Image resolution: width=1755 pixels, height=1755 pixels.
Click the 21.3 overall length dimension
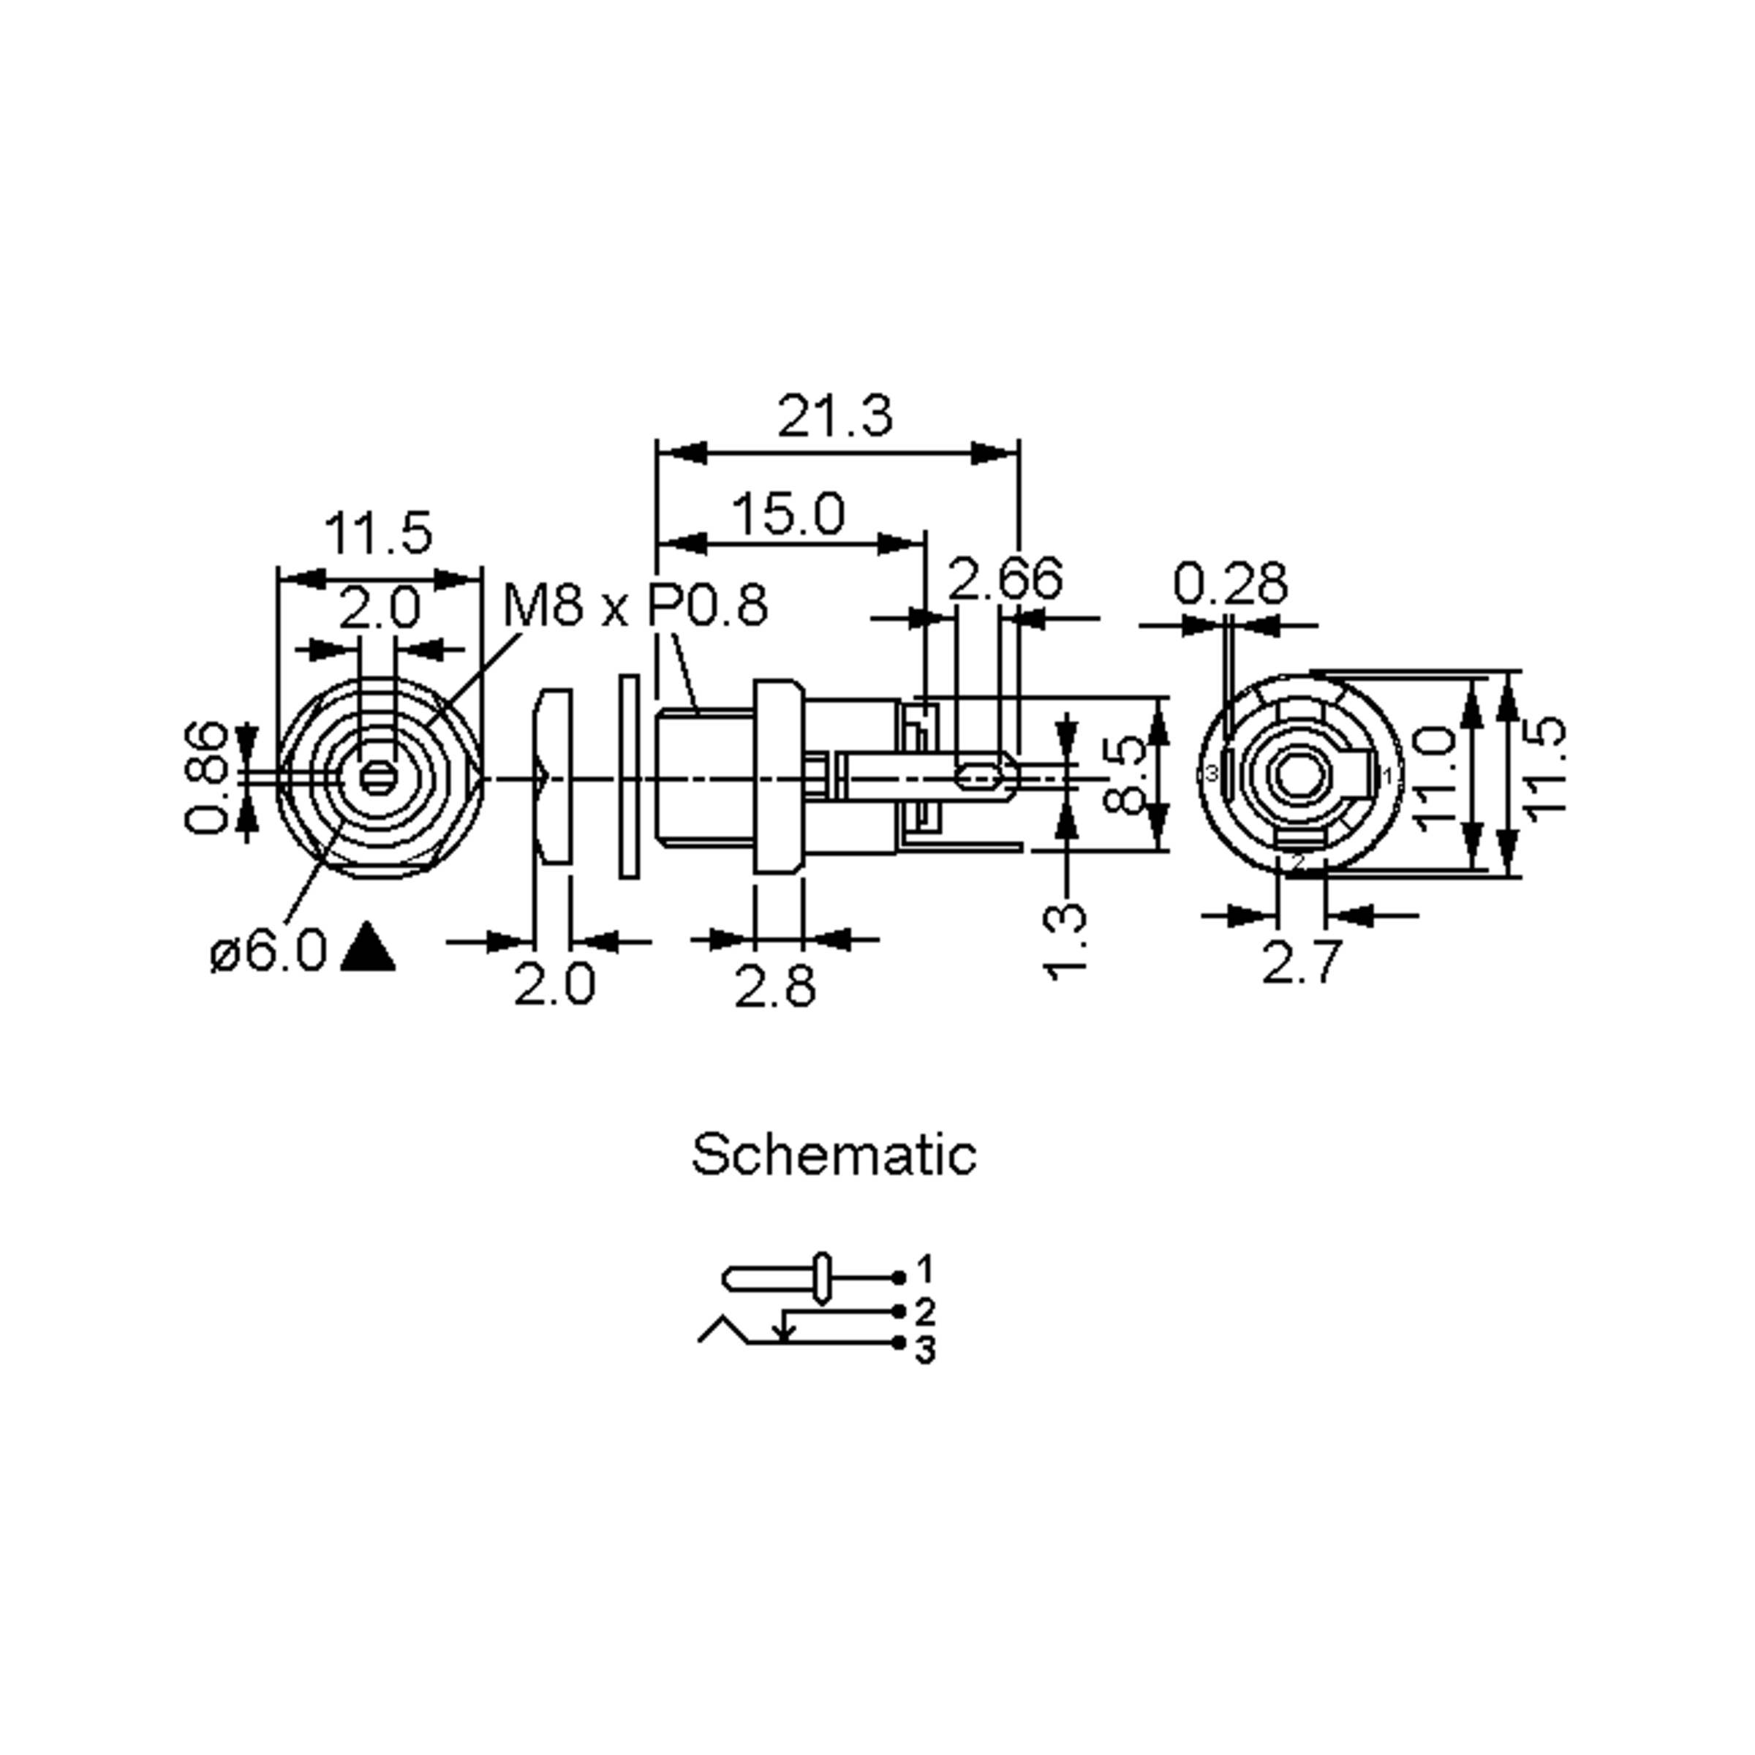(x=835, y=417)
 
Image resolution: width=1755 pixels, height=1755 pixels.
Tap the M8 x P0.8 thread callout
(x=635, y=605)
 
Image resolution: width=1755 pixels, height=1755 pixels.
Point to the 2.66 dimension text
(x=1005, y=578)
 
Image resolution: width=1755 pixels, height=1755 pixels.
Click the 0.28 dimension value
(x=1230, y=584)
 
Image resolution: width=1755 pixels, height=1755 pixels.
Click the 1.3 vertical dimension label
(x=1065, y=941)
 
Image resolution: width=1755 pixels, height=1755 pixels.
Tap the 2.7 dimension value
(x=1301, y=963)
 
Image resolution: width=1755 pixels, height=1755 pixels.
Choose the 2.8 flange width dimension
(x=775, y=986)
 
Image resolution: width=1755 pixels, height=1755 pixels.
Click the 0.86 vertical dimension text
(x=206, y=777)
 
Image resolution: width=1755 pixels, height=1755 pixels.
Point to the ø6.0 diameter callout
(x=268, y=951)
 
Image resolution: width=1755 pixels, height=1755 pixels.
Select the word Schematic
(x=833, y=1155)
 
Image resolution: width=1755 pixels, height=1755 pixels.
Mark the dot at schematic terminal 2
(x=899, y=1312)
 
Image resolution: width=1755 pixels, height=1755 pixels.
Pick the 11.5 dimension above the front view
(x=378, y=533)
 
